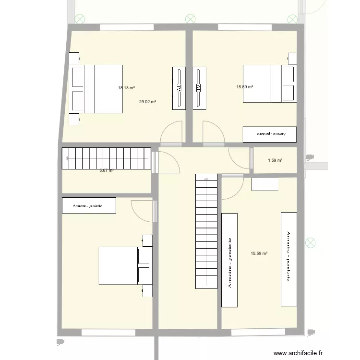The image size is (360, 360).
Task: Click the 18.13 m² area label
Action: tap(126, 88)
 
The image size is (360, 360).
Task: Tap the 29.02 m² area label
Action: tap(147, 102)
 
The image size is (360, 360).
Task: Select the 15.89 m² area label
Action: tap(244, 87)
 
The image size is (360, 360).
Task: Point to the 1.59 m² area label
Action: tap(275, 160)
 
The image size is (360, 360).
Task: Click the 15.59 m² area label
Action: tap(259, 253)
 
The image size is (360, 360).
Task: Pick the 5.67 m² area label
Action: tap(106, 170)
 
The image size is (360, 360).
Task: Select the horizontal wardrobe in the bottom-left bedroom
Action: tap(89, 205)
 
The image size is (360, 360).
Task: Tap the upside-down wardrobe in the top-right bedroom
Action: tap(269, 134)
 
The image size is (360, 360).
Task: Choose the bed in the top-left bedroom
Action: tap(96, 89)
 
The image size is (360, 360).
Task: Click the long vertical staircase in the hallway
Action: tap(207, 231)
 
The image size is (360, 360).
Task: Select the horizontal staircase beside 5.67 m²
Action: tap(106, 158)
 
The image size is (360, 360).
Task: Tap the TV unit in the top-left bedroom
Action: tap(179, 88)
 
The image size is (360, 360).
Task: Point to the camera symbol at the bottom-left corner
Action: tap(60, 341)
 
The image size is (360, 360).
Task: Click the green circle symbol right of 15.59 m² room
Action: tap(311, 243)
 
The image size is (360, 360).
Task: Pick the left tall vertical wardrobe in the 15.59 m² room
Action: tap(229, 259)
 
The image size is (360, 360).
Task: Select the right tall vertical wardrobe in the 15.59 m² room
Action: tap(288, 258)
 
